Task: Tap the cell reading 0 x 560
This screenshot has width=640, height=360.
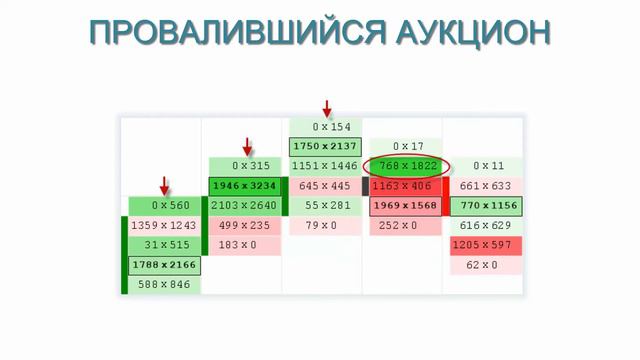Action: [165, 206]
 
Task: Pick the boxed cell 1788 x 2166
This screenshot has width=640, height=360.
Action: [165, 266]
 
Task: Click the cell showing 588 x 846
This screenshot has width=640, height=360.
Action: [165, 286]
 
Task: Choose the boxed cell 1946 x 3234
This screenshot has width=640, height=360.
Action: [245, 186]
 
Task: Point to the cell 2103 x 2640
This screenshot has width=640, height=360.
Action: [245, 206]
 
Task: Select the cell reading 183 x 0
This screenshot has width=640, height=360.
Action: [245, 245]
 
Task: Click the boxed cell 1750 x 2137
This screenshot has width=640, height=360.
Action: [325, 146]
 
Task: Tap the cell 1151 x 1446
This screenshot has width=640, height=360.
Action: [325, 166]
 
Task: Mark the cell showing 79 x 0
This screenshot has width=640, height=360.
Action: [325, 226]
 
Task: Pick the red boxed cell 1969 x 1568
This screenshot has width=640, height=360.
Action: [405, 206]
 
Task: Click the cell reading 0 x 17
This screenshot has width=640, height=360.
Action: [405, 146]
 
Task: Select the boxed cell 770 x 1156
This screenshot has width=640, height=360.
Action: [486, 206]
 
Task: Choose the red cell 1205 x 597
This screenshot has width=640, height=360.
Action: [486, 246]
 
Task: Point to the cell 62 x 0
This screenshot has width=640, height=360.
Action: [486, 266]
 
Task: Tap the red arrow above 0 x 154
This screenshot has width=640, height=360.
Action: [325, 107]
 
